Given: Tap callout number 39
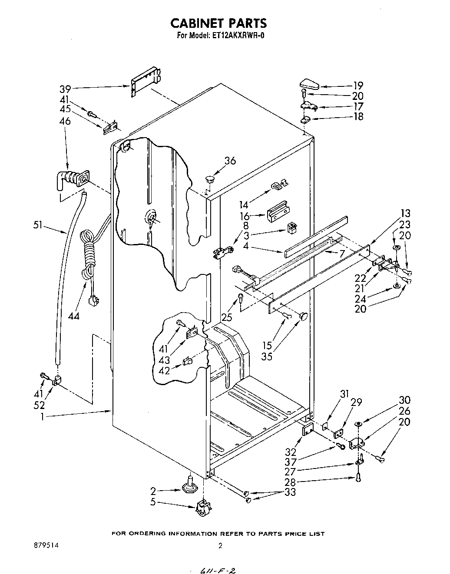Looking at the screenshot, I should (66, 89).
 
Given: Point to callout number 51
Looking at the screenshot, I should (39, 224).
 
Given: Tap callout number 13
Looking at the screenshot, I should (405, 214).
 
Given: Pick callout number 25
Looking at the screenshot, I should (227, 317).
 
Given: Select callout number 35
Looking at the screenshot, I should (267, 356).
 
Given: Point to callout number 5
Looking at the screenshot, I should (153, 504).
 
